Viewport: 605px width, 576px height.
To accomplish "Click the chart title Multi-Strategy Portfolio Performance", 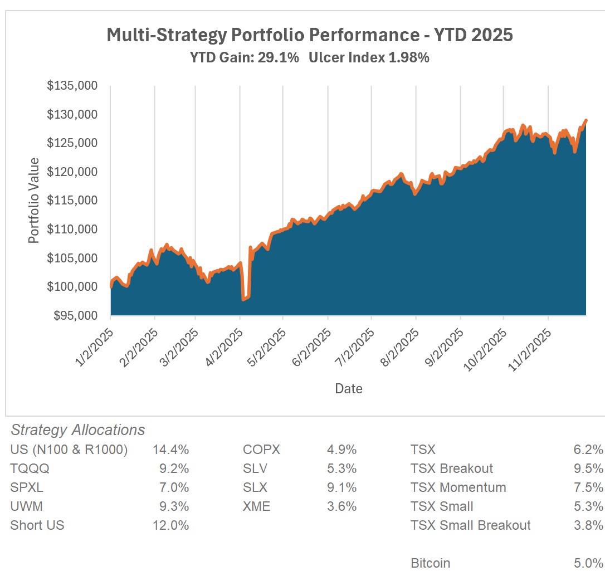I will click(309, 35).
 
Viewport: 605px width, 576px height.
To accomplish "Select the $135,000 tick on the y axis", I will click(72, 86).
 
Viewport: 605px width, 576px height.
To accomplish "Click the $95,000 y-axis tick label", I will click(75, 315).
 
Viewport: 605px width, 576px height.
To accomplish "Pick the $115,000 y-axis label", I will click(72, 201).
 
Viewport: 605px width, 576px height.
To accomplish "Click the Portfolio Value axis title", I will click(34, 201).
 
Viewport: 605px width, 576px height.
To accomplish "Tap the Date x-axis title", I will click(349, 388).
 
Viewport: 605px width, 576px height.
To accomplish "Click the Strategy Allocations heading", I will click(78, 430).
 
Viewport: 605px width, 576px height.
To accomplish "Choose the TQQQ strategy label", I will click(30, 468).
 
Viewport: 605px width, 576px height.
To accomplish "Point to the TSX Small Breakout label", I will click(470, 525).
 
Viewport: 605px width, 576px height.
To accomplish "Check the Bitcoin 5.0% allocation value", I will click(589, 563).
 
